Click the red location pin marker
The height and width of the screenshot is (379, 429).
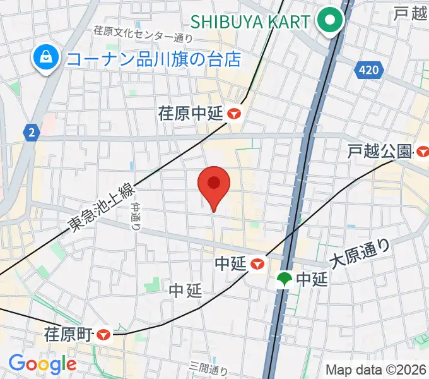click(x=214, y=184)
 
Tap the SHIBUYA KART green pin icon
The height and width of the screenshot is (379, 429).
click(x=329, y=21)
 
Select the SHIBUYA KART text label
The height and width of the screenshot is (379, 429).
click(x=250, y=21)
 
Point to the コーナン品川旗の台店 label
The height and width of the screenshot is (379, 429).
click(x=154, y=59)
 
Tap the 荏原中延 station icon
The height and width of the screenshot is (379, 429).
click(x=235, y=114)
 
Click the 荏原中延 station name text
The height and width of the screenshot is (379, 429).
click(x=191, y=114)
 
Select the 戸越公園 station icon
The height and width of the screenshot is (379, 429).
click(x=422, y=151)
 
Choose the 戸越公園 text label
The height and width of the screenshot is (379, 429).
click(x=380, y=151)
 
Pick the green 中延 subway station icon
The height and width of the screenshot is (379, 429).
click(x=285, y=279)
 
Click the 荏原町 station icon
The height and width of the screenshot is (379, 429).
click(x=105, y=334)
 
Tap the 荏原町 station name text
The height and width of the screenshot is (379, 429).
click(x=69, y=334)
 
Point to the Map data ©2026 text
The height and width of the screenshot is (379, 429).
click(x=376, y=370)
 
